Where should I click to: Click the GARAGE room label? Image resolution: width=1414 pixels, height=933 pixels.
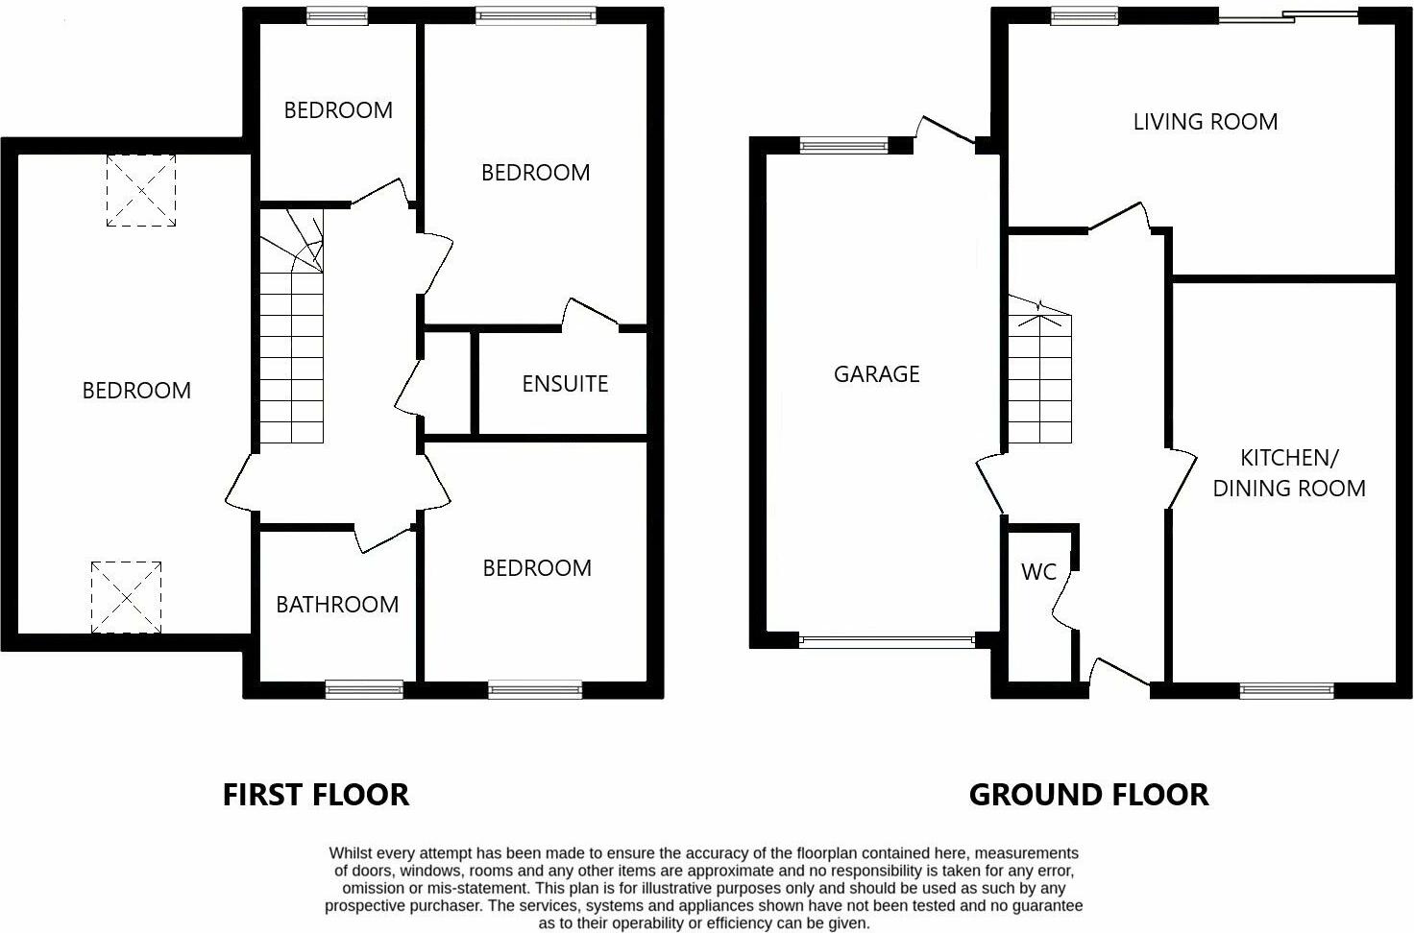[876, 373]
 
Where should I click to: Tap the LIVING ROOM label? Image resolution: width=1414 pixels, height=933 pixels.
[1205, 122]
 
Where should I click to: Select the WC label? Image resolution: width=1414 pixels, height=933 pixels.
[1038, 572]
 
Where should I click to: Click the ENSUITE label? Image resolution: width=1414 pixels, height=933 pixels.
[565, 384]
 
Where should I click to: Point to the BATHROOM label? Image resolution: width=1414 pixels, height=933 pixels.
[337, 604]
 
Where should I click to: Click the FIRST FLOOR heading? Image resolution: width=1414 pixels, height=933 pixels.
[316, 795]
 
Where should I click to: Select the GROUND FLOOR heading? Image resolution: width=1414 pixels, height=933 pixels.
[1088, 795]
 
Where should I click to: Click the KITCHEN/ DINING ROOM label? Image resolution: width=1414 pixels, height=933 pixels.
[1288, 472]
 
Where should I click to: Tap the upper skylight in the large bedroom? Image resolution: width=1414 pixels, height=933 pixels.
[141, 190]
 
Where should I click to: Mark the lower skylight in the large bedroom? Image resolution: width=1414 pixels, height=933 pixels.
[127, 597]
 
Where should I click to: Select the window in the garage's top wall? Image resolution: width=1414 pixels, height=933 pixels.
[844, 146]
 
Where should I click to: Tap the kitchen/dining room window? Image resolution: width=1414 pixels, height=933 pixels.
[1286, 689]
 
